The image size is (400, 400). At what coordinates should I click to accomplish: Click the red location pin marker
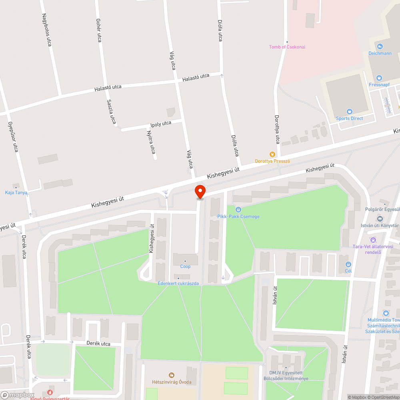coord(200,191)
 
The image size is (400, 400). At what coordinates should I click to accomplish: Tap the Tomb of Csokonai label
coord(287,47)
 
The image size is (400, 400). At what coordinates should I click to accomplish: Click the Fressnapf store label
coord(380,84)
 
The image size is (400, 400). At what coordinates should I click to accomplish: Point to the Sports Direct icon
coord(349,112)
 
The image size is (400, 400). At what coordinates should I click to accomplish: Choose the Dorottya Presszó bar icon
coord(272,154)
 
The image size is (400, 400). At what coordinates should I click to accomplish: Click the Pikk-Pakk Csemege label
coord(238,216)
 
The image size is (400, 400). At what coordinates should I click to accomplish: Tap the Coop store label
coord(185,266)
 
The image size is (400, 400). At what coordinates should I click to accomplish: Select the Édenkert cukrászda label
coord(178,284)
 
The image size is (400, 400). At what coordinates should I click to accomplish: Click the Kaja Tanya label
coord(16,192)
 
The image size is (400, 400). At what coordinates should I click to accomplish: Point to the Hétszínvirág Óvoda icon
coord(172,375)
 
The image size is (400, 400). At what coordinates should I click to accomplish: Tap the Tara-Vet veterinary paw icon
coord(373,240)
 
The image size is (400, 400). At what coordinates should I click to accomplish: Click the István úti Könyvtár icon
coord(379,219)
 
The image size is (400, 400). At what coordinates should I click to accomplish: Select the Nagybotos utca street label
coord(47,30)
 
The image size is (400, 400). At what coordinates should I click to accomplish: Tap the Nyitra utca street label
coord(151,142)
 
